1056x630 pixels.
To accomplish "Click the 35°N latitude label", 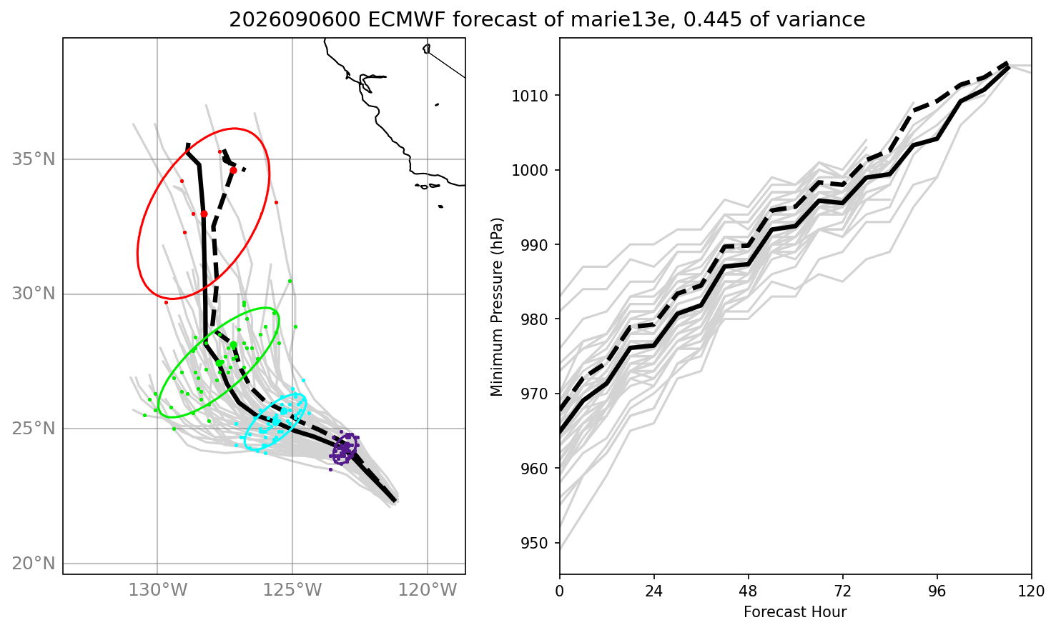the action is (34, 159).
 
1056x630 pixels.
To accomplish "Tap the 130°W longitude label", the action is (158, 590).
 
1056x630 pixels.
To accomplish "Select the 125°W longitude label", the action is (292, 590).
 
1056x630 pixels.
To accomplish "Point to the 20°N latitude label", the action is (34, 564).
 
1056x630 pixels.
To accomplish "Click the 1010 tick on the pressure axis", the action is (530, 96).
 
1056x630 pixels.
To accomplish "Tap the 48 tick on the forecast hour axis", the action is (748, 591).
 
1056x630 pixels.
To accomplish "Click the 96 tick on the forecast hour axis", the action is (937, 591).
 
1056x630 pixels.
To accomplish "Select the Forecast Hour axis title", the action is (795, 612).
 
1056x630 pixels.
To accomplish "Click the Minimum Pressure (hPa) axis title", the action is (497, 307).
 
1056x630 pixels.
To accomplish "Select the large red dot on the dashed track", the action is (233, 171).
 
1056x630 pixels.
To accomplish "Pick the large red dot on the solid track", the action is (204, 214).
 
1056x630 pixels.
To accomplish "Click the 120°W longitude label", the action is (428, 590).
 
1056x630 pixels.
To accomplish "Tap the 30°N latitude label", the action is (34, 294).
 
